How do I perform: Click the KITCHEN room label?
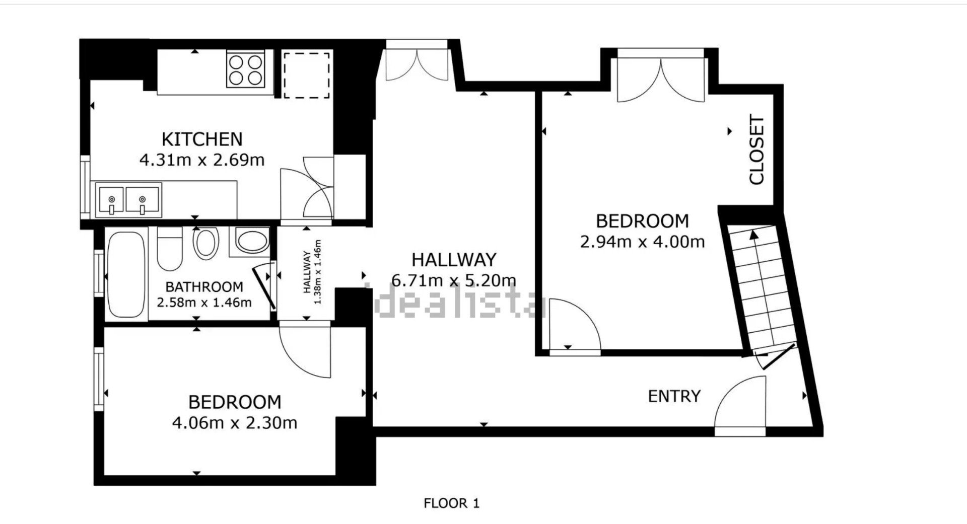tap(201, 138)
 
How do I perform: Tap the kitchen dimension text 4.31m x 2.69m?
tap(201, 160)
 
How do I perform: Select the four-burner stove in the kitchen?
tap(246, 69)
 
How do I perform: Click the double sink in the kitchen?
tap(129, 200)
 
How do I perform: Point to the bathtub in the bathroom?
tap(126, 275)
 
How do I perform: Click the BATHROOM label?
tap(204, 287)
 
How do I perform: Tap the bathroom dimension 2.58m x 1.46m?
tap(204, 303)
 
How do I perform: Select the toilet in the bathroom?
tap(169, 249)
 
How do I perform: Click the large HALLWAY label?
tap(454, 260)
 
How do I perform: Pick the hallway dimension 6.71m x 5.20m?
tap(453, 280)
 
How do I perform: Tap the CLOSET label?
tap(756, 150)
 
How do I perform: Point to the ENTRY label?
tap(674, 396)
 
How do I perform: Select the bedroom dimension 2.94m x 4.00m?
tap(642, 242)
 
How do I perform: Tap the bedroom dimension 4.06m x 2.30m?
tap(235, 423)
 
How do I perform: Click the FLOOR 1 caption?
tap(452, 503)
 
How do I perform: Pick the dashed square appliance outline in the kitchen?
tap(306, 75)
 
